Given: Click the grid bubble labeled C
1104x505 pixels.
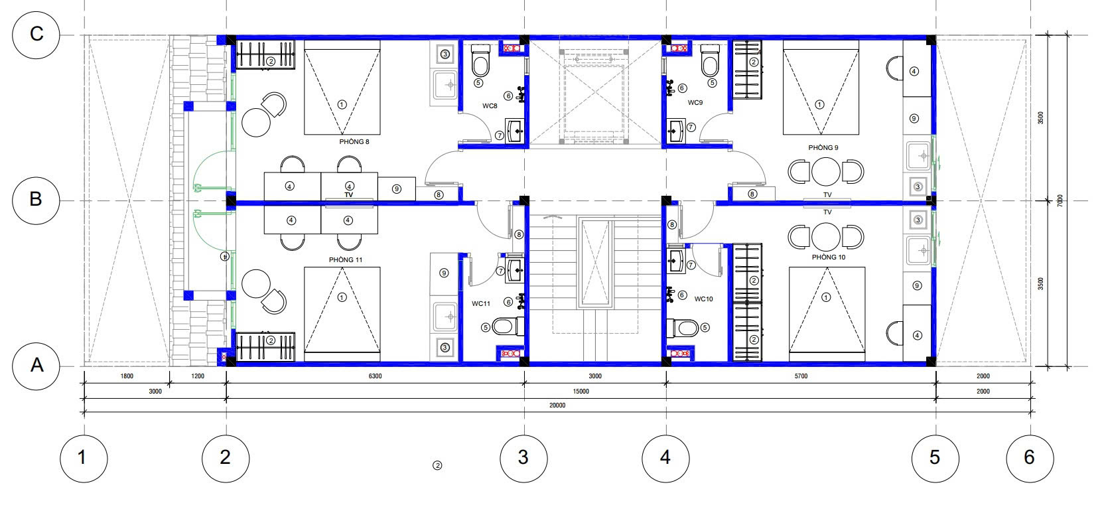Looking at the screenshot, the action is coord(36,35).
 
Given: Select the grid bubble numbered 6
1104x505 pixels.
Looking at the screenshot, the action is coord(1030,458).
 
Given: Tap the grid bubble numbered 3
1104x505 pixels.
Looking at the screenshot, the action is coord(523,458).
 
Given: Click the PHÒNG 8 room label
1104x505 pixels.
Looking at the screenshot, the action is coord(354,141).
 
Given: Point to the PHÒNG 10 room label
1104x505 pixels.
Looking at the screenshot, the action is coord(829,257).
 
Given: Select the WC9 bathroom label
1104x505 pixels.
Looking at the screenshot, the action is coord(695,103).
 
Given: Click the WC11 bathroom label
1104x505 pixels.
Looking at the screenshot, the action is coord(481,304).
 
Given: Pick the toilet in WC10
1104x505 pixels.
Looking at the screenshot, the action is coord(683,327).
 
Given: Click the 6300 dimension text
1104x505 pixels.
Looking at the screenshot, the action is coord(375,376).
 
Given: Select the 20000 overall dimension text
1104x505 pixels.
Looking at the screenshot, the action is coord(557,405).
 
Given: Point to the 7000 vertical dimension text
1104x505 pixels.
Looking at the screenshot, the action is coord(1060,200).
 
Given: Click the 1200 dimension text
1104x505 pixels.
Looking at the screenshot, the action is coord(198,376).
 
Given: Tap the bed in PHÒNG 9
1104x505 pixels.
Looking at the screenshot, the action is coord(821,88).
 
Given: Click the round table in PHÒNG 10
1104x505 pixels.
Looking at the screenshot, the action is coord(826,237).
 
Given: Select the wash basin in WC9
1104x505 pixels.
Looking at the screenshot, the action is coord(675,131).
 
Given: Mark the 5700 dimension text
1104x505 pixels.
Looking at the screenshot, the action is coord(801,376).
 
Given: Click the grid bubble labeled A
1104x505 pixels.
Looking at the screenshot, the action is coord(36,366).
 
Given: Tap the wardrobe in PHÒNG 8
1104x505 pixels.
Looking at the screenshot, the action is coord(265,54).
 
